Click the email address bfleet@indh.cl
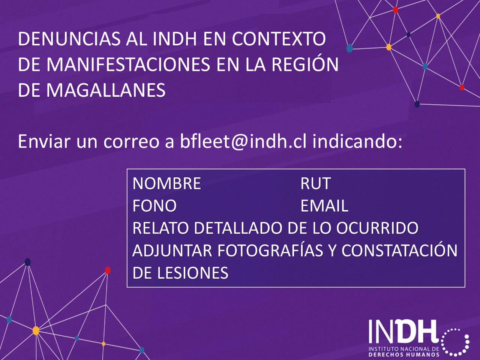coord(243,142)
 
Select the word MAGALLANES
coord(106,90)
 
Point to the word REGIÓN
coord(305,64)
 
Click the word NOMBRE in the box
coord(166,183)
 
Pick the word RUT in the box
coord(315,183)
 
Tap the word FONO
coord(154,206)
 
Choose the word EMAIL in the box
coord(324,206)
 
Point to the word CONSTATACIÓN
coord(399,250)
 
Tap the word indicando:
coord(357,142)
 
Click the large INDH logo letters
coord(403,331)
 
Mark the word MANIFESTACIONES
coord(128,64)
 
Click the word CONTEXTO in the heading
coord(279,39)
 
